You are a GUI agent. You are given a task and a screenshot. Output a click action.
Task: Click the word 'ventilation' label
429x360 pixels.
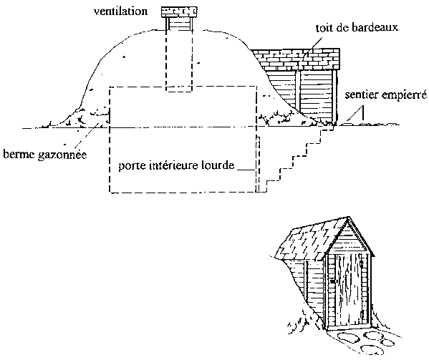(120, 11)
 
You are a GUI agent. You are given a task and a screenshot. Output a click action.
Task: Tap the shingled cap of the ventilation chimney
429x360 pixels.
(179, 11)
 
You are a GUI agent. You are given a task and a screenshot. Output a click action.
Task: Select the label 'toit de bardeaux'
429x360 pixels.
(357, 28)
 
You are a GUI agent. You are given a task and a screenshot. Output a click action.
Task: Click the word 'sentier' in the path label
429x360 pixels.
(362, 94)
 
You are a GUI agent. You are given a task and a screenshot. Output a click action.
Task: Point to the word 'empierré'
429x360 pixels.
(404, 95)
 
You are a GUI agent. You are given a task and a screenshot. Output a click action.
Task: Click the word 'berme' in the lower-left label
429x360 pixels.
(19, 154)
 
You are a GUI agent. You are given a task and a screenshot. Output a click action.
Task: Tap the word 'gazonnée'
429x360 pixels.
(62, 155)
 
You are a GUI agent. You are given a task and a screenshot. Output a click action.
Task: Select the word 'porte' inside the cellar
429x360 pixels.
(130, 165)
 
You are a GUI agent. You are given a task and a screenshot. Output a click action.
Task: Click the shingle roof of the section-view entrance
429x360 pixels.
(297, 59)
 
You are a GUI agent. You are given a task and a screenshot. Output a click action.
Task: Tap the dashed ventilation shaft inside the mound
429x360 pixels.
(179, 60)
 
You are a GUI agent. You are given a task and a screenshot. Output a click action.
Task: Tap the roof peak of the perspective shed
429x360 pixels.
(348, 218)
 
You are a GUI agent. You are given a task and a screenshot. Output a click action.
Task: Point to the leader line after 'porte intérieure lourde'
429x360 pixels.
(246, 170)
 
